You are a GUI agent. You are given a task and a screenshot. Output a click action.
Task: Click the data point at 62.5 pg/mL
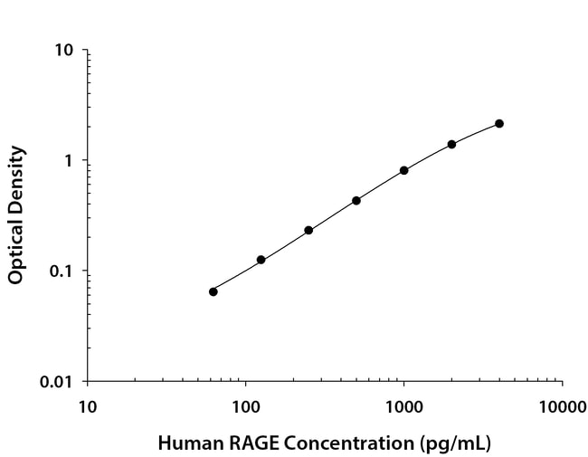pyautogui.click(x=213, y=291)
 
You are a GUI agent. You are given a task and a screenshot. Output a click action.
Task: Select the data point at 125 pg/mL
pyautogui.click(x=261, y=260)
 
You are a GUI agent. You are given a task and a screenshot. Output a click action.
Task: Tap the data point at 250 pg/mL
pyautogui.click(x=308, y=230)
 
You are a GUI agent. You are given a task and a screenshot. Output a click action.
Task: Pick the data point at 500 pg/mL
pyautogui.click(x=356, y=200)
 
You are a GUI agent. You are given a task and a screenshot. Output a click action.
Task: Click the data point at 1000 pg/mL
pyautogui.click(x=403, y=170)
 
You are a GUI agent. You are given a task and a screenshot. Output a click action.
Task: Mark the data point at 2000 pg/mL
pyautogui.click(x=451, y=144)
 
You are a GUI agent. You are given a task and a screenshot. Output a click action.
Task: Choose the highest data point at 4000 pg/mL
pyautogui.click(x=499, y=123)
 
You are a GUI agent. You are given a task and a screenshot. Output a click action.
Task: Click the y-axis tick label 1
pyautogui.click(x=69, y=160)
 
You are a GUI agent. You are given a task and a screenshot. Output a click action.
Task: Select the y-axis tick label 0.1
pyautogui.click(x=62, y=271)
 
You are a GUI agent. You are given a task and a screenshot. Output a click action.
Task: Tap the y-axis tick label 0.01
pyautogui.click(x=57, y=382)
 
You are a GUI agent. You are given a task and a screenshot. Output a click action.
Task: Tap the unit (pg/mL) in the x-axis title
pyautogui.click(x=452, y=444)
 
